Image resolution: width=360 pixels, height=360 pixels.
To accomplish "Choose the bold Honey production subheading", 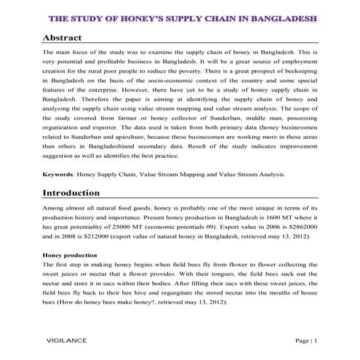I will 70,256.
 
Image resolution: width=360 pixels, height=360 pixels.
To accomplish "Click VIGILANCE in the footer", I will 68,340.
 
